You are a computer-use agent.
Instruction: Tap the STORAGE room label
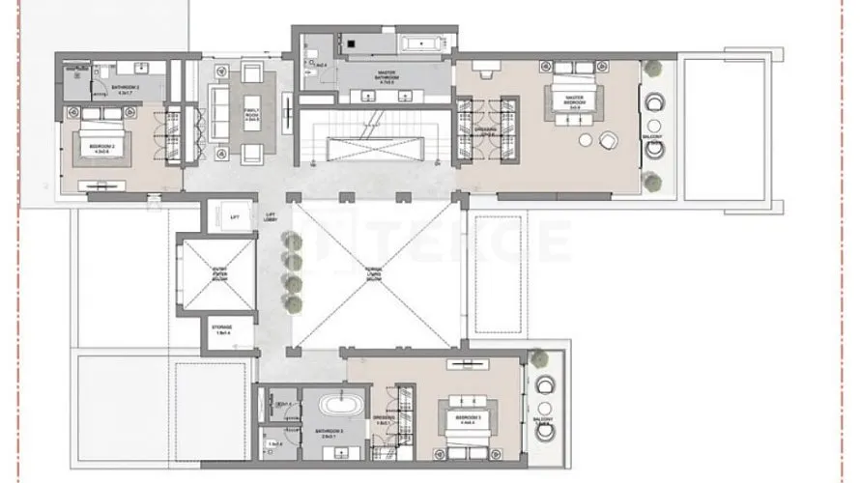click(x=224, y=329)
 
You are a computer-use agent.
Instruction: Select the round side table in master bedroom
click(x=608, y=141)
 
